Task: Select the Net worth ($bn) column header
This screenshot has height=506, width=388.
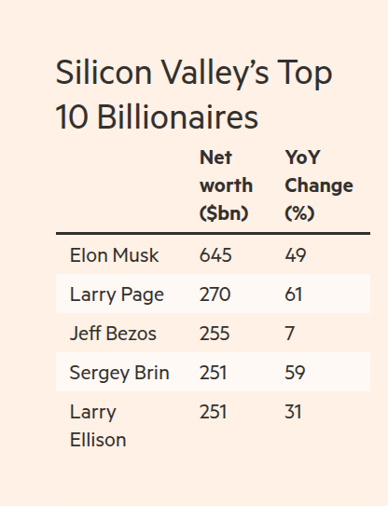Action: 225,185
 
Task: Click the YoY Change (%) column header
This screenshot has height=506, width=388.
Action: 318,185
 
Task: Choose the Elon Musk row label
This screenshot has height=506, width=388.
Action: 114,255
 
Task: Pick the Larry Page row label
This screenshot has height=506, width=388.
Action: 117,294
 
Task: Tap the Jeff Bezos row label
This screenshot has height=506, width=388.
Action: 114,334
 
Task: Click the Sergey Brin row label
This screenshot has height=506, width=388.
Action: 119,373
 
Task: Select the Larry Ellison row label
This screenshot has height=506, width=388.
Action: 97,425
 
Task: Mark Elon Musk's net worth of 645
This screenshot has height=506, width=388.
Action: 215,255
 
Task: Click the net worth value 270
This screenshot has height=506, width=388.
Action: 215,294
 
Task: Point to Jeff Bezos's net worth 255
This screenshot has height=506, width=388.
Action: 215,334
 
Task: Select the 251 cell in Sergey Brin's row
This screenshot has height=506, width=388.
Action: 215,373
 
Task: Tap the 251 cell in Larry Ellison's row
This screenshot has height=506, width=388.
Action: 215,412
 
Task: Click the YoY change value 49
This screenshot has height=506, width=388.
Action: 296,255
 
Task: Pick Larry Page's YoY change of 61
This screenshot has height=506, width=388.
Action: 295,294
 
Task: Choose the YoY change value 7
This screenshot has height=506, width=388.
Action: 289,334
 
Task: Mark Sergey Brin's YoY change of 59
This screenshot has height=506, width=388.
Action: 296,373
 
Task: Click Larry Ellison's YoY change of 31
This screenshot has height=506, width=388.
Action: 294,412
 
